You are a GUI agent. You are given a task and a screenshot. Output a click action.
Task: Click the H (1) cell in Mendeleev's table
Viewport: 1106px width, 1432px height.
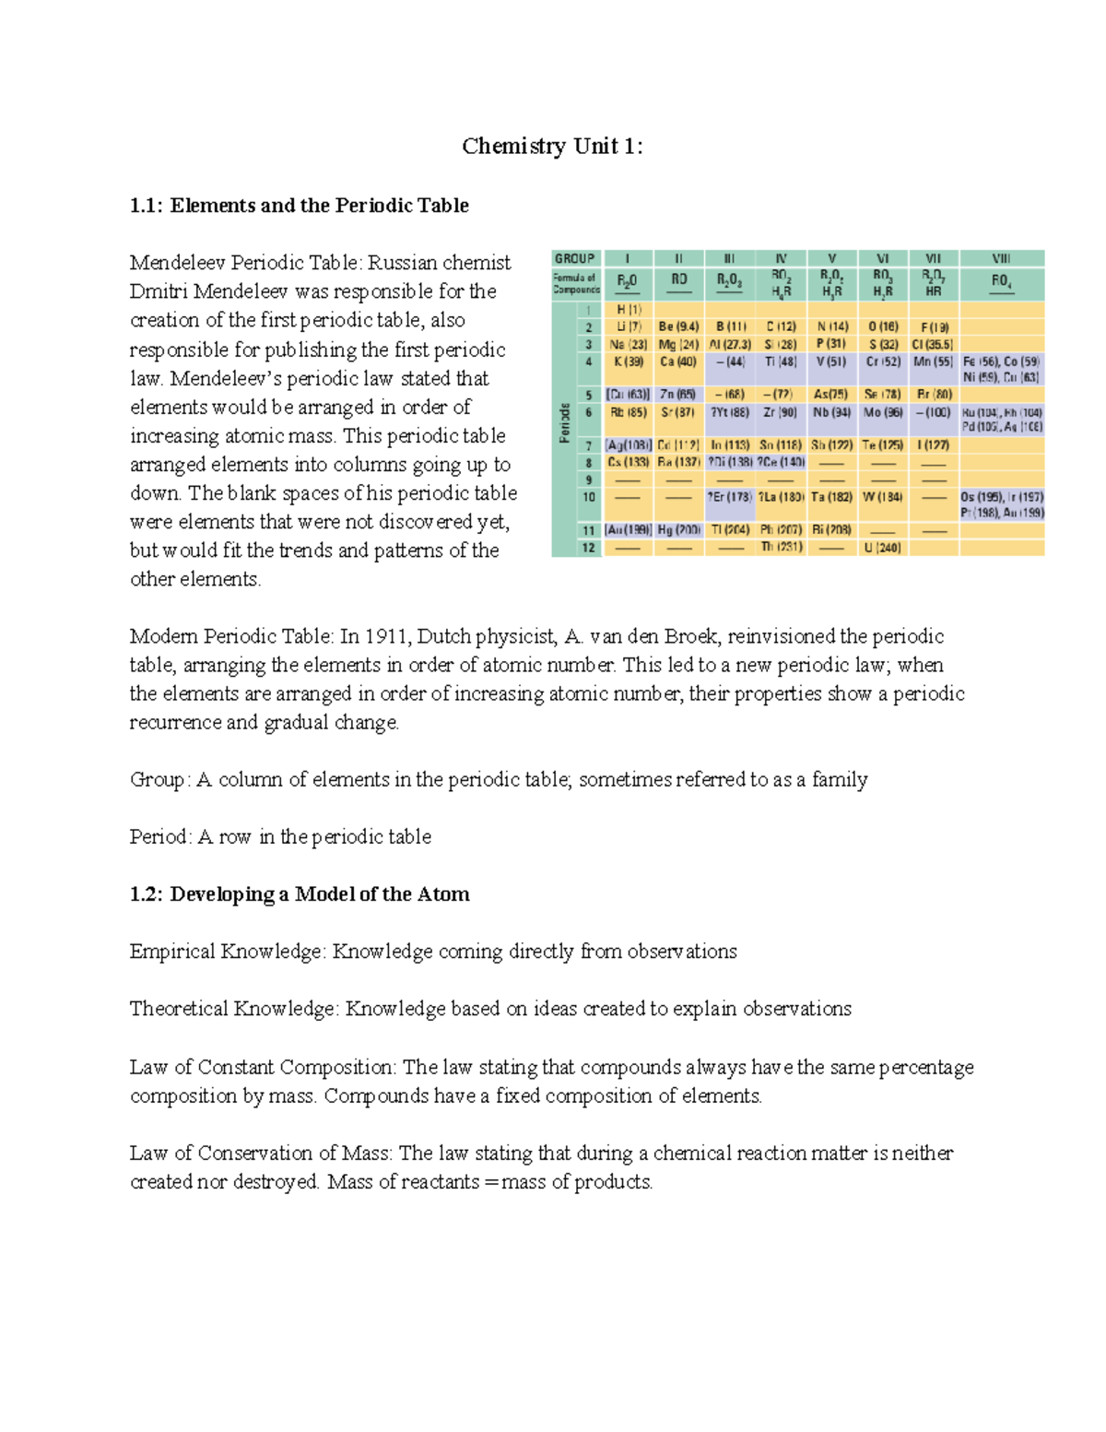click(x=629, y=310)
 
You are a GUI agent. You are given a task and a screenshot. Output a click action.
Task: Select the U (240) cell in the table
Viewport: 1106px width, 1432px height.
click(x=882, y=548)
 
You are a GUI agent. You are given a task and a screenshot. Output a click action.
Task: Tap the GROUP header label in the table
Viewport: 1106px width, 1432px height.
click(x=574, y=258)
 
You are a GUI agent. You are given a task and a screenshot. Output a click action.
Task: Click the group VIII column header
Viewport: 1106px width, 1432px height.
click(x=1001, y=258)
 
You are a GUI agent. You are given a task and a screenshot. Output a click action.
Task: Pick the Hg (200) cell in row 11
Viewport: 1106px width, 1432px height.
click(x=679, y=530)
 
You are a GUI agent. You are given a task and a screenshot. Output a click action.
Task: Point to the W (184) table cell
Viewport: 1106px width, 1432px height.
click(x=882, y=497)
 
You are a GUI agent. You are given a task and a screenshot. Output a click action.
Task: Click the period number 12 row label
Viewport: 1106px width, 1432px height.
click(x=588, y=548)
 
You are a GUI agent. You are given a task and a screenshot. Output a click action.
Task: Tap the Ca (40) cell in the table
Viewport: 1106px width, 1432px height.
click(x=678, y=361)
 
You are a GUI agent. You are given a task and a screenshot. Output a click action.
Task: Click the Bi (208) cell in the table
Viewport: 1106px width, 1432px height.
click(x=831, y=530)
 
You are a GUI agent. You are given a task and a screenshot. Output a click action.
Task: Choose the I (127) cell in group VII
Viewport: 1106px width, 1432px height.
click(x=933, y=444)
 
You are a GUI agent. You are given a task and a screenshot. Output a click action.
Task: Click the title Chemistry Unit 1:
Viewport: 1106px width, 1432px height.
click(x=552, y=147)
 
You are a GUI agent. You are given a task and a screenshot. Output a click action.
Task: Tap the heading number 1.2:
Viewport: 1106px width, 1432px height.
click(x=147, y=894)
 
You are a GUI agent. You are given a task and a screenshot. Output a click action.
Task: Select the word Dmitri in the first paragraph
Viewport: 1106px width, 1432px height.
click(x=159, y=291)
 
